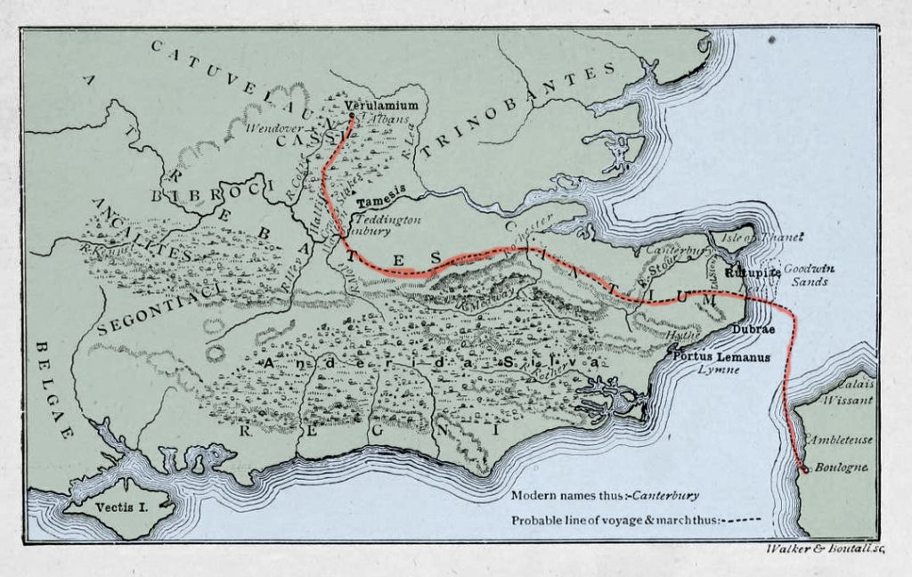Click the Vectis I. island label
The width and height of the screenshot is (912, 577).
tap(113, 507)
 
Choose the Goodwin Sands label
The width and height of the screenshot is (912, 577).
tap(807, 274)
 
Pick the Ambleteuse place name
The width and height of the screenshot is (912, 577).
tap(840, 439)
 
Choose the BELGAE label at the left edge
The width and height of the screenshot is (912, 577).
tap(53, 388)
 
